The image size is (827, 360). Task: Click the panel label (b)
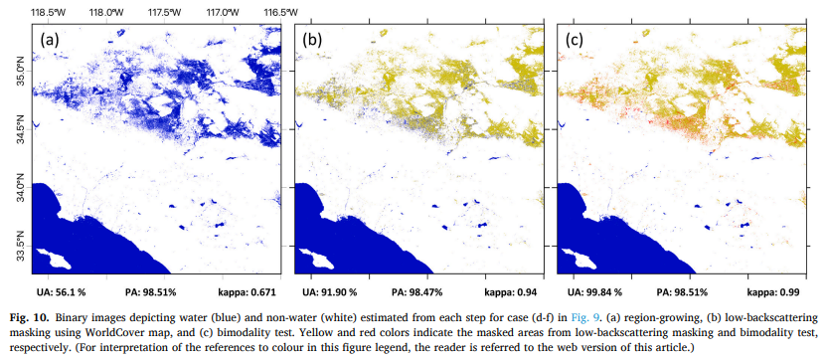312,41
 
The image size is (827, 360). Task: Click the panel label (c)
575,41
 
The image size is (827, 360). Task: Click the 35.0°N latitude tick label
22,70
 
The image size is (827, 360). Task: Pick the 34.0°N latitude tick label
22,187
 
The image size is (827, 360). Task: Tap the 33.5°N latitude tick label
22,246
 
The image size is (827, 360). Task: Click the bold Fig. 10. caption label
25,319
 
